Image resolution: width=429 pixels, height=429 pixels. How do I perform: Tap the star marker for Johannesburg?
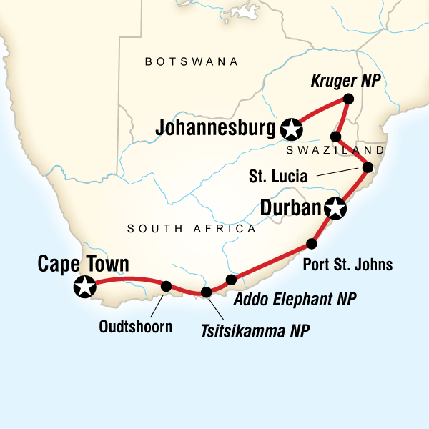click(291, 129)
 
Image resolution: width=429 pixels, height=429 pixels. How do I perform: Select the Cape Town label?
click(84, 265)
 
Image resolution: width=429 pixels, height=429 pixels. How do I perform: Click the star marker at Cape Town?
click(84, 287)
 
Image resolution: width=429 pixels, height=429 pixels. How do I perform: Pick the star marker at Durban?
click(335, 209)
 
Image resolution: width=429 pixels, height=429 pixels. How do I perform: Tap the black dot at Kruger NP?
click(348, 99)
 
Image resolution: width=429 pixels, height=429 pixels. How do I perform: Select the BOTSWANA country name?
click(191, 62)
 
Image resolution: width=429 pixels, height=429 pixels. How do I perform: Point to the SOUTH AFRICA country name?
click(191, 229)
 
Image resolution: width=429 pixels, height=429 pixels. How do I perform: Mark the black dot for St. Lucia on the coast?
click(368, 168)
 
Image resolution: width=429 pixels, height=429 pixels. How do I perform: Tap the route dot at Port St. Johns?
click(311, 242)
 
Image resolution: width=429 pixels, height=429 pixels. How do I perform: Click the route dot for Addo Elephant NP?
click(230, 279)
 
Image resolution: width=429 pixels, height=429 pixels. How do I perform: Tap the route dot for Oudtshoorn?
click(166, 286)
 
